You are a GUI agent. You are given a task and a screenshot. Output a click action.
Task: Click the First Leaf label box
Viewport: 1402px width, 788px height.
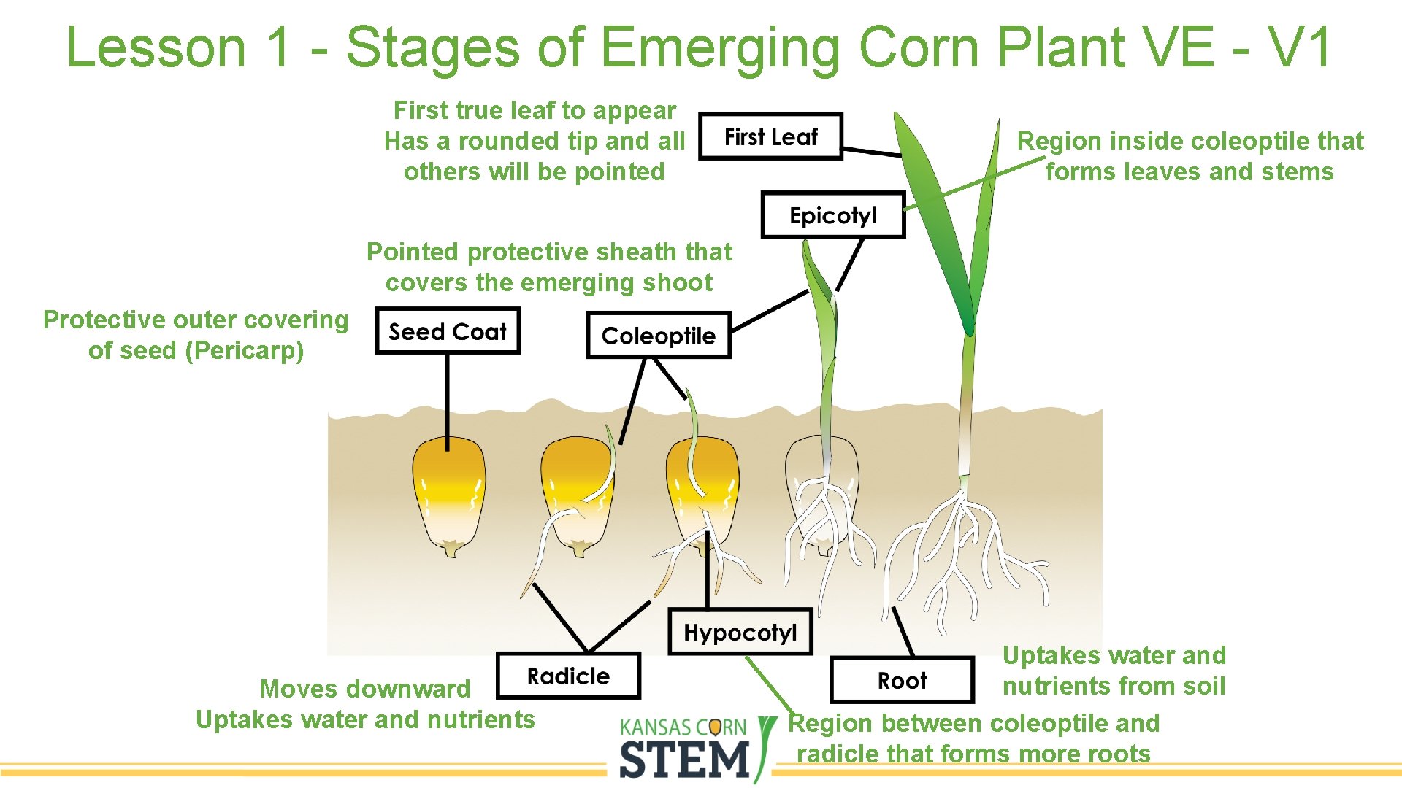[770, 136]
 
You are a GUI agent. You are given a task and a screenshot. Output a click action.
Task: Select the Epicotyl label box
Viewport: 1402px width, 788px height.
[832, 215]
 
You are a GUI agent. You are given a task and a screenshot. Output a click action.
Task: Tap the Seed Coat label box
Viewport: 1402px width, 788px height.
[447, 332]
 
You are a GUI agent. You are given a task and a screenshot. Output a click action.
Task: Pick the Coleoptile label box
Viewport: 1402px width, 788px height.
[658, 336]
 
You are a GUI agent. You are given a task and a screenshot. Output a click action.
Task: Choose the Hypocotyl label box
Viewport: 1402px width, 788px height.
[740, 632]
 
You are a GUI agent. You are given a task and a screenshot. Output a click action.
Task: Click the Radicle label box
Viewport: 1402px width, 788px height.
[568, 676]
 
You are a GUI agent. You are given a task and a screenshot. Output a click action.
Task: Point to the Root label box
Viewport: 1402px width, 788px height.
[902, 681]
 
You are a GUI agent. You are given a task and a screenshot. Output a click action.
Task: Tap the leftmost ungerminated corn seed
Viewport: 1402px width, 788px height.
[448, 496]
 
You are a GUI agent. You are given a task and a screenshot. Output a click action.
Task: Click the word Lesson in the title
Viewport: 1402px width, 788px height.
[156, 47]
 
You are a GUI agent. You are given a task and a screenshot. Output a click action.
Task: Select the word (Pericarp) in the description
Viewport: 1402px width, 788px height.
[244, 351]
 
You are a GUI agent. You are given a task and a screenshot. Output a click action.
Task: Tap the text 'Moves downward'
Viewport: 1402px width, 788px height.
[365, 689]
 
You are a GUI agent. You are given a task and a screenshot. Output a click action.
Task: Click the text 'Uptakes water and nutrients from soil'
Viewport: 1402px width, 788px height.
[1114, 671]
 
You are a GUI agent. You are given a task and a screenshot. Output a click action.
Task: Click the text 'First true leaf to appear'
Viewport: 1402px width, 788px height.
[535, 110]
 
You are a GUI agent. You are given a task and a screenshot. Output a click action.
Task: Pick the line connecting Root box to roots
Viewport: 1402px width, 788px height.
[903, 632]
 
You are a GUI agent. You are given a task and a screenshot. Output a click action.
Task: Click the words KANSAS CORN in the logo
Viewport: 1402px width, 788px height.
[683, 727]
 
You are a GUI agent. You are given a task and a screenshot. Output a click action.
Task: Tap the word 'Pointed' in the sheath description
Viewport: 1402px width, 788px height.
[413, 252]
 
